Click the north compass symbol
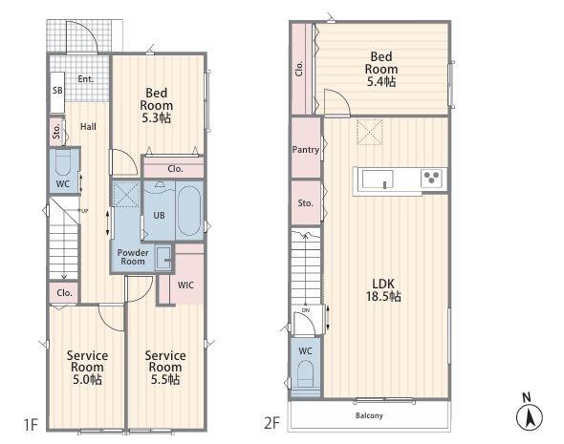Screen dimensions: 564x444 click(x=530, y=413)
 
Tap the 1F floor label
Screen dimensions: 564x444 click(x=31, y=425)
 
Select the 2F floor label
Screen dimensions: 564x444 click(x=271, y=423)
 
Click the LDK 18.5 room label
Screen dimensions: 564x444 click(x=383, y=290)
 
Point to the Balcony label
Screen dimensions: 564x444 click(x=369, y=415)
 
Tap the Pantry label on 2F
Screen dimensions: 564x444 click(x=305, y=150)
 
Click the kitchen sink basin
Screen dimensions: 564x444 click(x=378, y=179)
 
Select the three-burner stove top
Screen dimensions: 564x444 click(x=431, y=179)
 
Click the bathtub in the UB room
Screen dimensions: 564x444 click(x=189, y=210)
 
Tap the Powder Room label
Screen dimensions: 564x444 click(x=133, y=257)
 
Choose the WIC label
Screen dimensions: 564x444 click(x=185, y=285)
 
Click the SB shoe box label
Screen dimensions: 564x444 click(x=57, y=90)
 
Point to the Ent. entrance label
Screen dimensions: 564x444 click(x=86, y=79)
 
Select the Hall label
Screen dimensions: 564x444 click(x=88, y=127)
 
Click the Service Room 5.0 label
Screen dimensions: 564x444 click(x=87, y=368)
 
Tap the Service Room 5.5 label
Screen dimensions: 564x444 click(x=165, y=368)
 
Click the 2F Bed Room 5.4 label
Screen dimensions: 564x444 click(x=381, y=69)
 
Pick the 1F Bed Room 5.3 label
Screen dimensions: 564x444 click(x=157, y=105)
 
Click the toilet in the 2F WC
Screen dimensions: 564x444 click(x=305, y=374)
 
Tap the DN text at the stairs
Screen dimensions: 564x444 click(x=306, y=310)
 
